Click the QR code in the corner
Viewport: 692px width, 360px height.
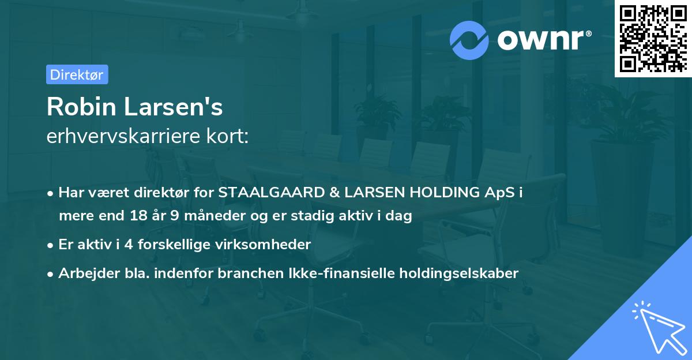pos(653,39)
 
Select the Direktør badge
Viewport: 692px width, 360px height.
pos(77,74)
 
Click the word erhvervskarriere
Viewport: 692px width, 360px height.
pos(121,137)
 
